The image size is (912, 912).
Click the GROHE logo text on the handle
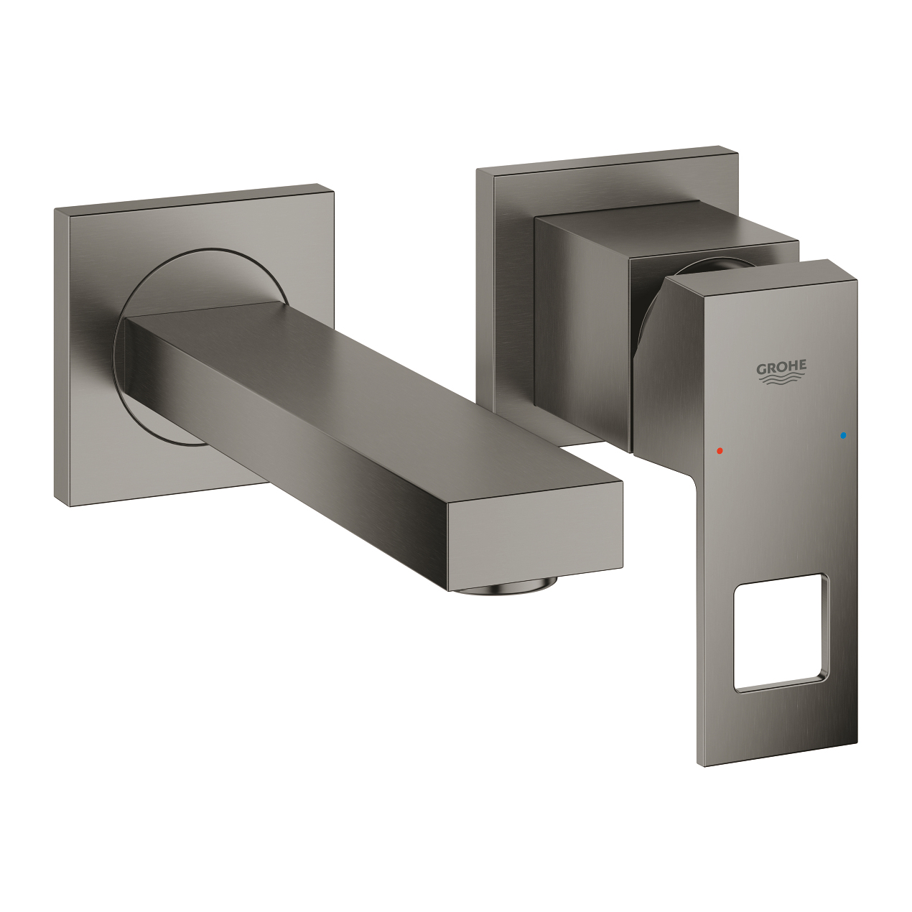tap(781, 367)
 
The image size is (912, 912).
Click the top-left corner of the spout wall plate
tap(56, 210)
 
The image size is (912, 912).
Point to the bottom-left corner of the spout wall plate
tap(57, 501)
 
